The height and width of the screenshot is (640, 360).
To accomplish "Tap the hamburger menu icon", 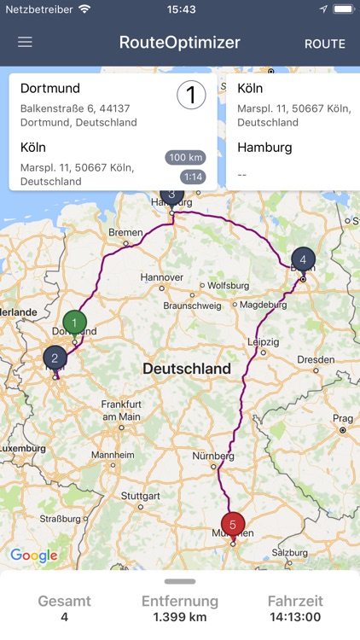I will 25,42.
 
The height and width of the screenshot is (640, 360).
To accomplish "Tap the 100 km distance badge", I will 186,158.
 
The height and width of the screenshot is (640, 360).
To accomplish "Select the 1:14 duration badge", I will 192,177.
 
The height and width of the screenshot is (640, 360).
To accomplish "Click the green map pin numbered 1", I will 75,323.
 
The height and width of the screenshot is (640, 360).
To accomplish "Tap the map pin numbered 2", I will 55,358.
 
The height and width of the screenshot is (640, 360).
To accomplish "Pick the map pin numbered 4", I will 302,259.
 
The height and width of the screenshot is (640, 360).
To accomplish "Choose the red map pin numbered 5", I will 232,524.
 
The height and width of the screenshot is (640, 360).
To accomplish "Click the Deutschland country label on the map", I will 186,369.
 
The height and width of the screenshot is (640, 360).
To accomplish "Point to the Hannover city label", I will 162,277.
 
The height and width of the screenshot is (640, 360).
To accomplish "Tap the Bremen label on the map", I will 125,232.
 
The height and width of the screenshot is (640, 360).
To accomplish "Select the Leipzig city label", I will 264,341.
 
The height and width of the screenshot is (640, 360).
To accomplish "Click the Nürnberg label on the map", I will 212,456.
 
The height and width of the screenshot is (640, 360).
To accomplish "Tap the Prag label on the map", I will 342,419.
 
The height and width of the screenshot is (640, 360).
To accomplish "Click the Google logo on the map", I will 34,556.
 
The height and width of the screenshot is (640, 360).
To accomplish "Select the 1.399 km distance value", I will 180,617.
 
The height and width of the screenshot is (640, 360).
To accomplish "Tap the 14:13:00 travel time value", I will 295,617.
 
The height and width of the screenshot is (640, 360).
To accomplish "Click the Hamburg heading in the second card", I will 264,147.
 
